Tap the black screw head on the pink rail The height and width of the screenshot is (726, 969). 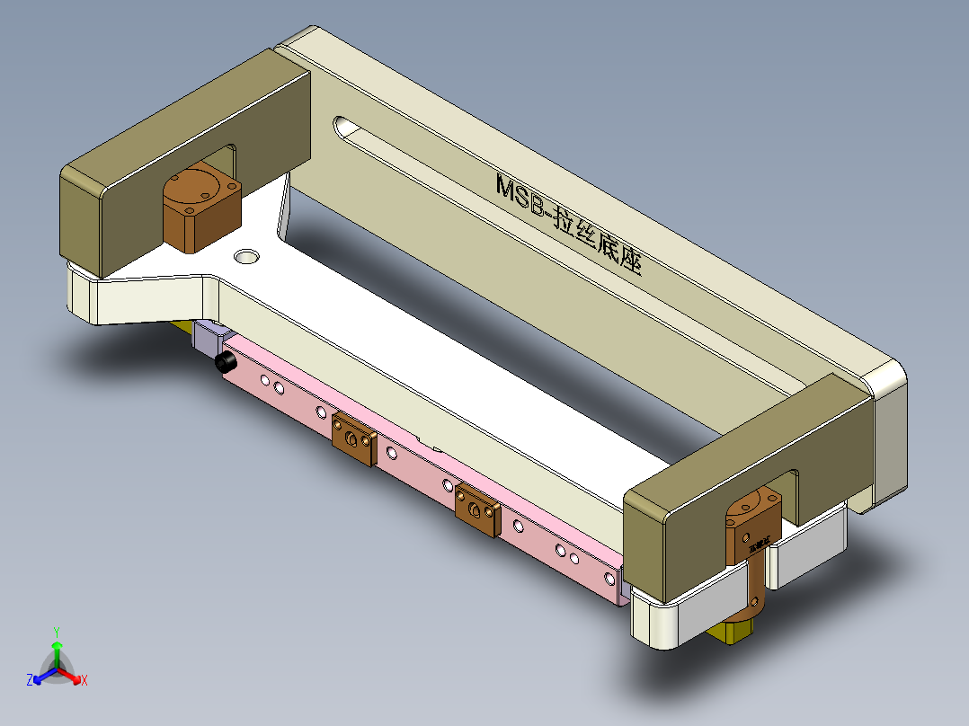point(226,363)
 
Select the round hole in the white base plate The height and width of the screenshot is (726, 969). point(245,257)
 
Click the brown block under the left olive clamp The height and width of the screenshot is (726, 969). point(200,208)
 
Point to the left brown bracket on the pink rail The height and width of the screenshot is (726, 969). point(353,439)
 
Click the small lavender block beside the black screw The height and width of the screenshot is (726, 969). point(208,340)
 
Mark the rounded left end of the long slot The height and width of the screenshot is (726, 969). point(342,127)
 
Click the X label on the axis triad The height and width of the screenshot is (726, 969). point(84,680)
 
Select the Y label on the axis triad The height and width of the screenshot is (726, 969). point(56,632)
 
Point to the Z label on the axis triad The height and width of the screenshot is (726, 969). point(30,680)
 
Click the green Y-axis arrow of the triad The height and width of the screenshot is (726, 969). point(56,651)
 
